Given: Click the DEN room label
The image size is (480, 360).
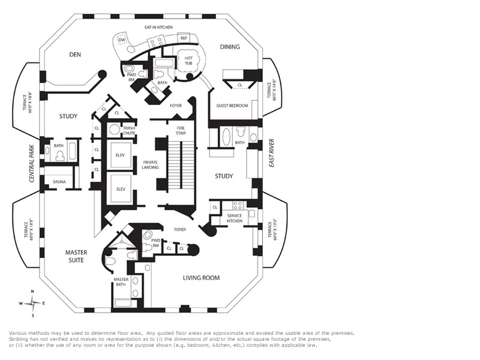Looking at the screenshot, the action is (x=75, y=55).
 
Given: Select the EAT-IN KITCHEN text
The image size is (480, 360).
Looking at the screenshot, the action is (x=159, y=28).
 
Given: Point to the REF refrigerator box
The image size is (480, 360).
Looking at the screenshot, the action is (x=184, y=38).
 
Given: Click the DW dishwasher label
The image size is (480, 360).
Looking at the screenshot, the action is (x=121, y=40).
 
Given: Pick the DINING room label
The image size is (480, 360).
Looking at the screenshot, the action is (x=230, y=47).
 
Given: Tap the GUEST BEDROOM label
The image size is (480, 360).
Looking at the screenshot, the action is (x=232, y=106).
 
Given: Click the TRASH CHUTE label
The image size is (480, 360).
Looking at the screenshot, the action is (x=130, y=130).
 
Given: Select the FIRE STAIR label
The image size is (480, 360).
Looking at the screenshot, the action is (x=181, y=130).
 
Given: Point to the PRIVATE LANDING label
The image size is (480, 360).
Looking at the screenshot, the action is (x=151, y=164).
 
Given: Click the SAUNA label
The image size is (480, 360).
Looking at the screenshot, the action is (x=59, y=181).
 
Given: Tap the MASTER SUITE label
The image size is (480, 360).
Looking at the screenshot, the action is (x=76, y=256).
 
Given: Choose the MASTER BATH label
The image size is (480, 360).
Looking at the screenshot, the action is (x=121, y=283).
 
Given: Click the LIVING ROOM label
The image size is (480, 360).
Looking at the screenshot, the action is (x=201, y=278).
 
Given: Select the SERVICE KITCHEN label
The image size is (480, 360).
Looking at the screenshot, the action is (x=235, y=218).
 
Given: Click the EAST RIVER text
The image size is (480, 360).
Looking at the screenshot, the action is (x=272, y=152).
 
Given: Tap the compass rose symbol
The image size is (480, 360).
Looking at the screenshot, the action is (x=32, y=303).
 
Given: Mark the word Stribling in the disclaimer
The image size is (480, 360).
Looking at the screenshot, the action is (x=20, y=339).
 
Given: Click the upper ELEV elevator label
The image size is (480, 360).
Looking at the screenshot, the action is (x=120, y=155).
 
